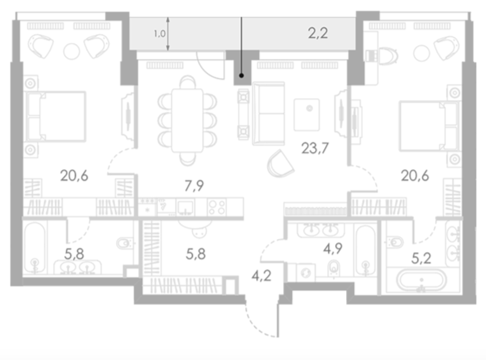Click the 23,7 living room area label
[x=315, y=148]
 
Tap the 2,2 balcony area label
[x=318, y=33]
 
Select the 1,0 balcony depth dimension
[x=160, y=34]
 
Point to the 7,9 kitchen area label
[x=194, y=186]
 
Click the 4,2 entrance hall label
[x=261, y=276]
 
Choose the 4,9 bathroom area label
[x=333, y=248]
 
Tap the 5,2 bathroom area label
[x=421, y=258]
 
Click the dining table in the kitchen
[x=187, y=121]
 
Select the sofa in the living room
[x=268, y=114]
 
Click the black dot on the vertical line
[x=241, y=76]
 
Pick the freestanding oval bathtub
[x=422, y=280]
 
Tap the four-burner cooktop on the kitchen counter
[x=217, y=207]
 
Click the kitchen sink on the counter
[x=185, y=208]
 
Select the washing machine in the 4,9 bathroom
[x=306, y=273]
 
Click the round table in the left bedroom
[x=72, y=51]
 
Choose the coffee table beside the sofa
[x=307, y=115]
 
